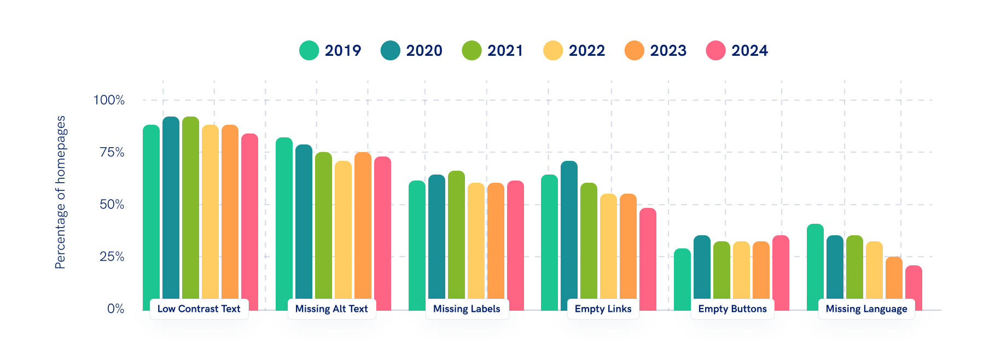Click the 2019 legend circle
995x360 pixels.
click(309, 50)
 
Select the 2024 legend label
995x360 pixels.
click(749, 50)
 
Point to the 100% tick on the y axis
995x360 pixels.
click(109, 100)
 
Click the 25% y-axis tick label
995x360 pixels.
click(112, 257)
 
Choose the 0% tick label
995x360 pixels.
click(115, 309)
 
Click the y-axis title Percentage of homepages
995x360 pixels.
click(60, 192)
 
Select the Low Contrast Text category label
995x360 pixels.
click(199, 309)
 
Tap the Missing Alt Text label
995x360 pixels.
click(331, 309)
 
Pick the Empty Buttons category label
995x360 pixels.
click(732, 309)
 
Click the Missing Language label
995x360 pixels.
click(866, 309)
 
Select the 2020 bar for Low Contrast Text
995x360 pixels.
click(171, 208)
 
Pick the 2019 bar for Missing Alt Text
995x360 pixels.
click(284, 219)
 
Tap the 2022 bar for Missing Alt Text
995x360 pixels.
click(343, 230)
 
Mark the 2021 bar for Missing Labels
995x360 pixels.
click(456, 235)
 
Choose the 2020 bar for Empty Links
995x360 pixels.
click(569, 230)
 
